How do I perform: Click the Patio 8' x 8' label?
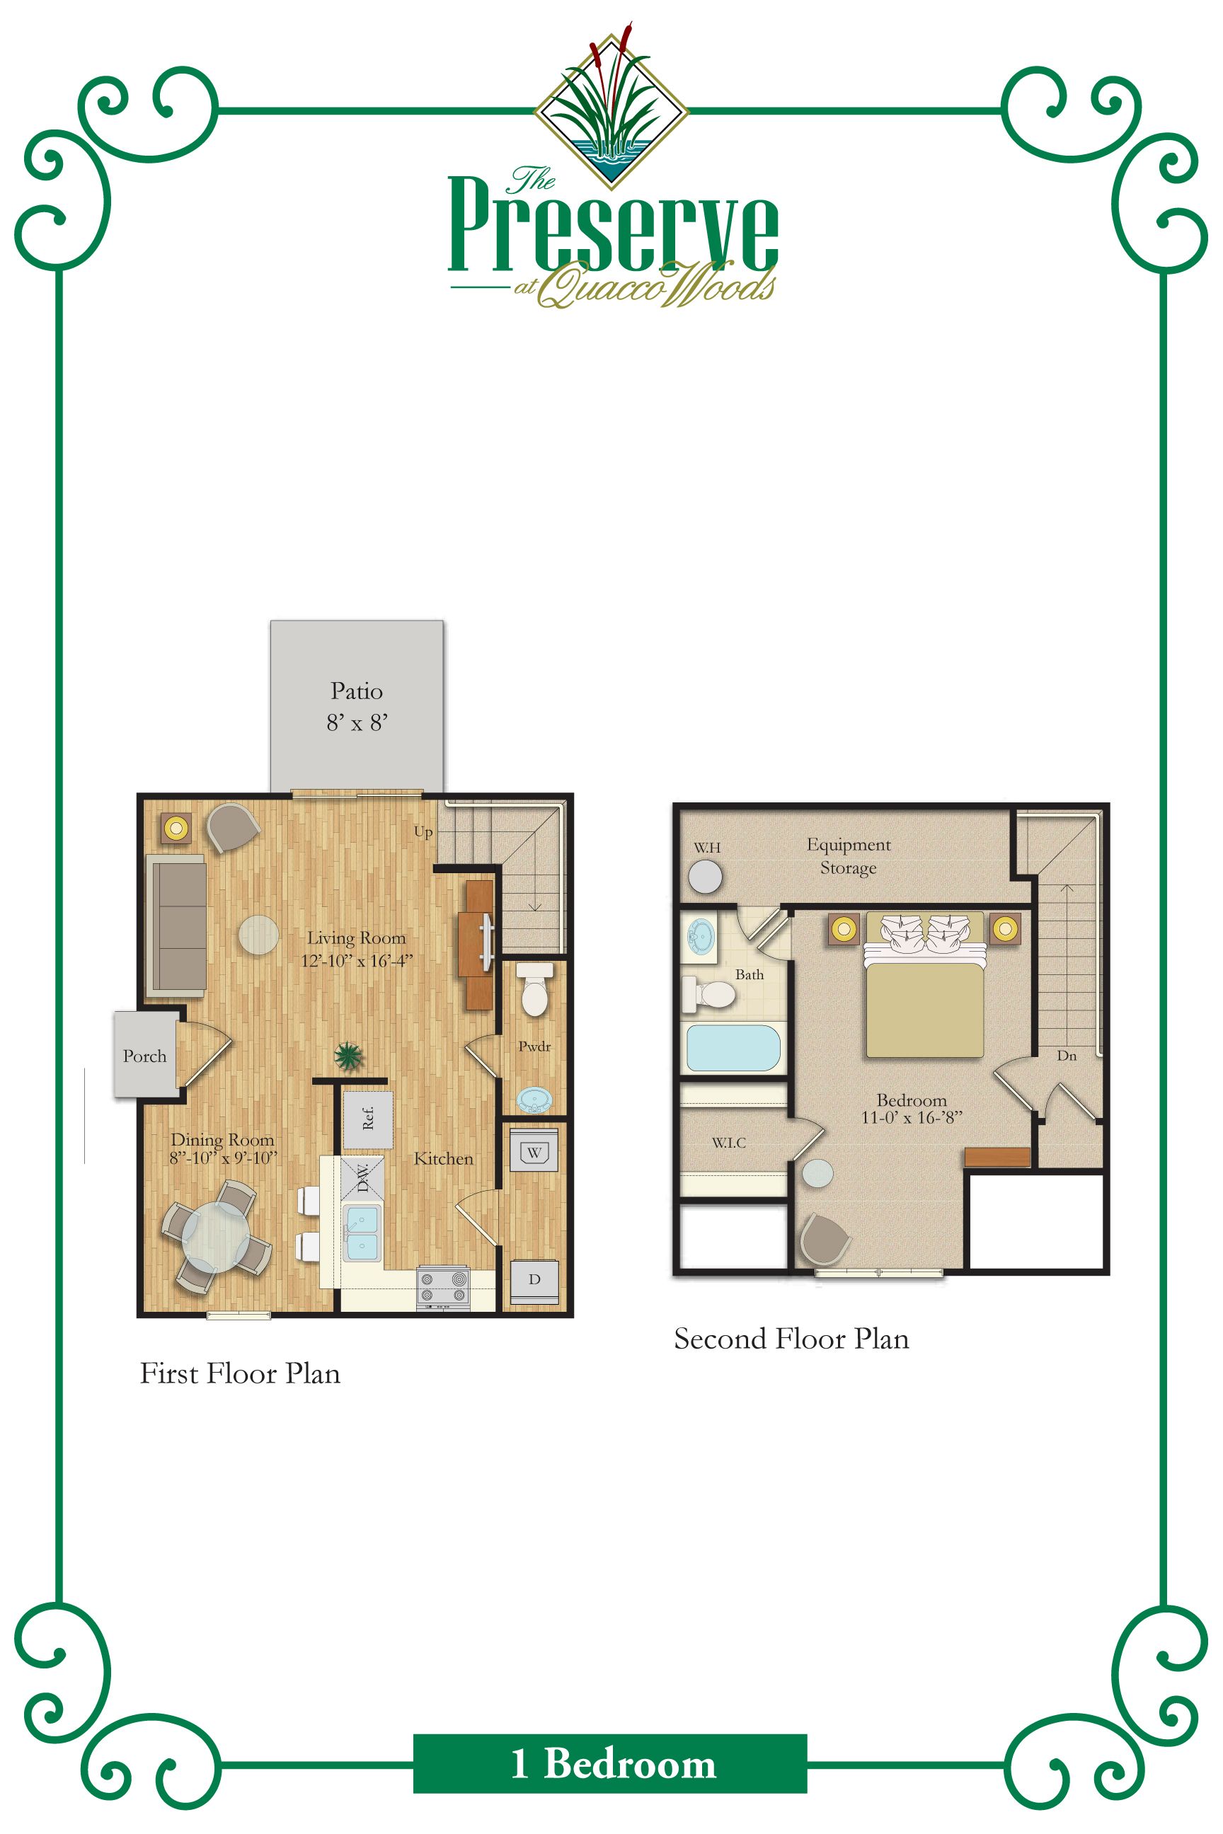coord(357,706)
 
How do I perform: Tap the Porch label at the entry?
coord(144,1056)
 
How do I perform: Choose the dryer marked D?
coord(534,1279)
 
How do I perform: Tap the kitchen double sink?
coord(362,1233)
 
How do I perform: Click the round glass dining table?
coord(216,1238)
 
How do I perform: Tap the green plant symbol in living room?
coord(348,1056)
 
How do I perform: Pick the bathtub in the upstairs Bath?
coord(733,1048)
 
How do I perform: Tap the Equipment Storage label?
coord(849,856)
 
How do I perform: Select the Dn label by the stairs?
coord(1066,1056)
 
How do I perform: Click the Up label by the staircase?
coord(423,831)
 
